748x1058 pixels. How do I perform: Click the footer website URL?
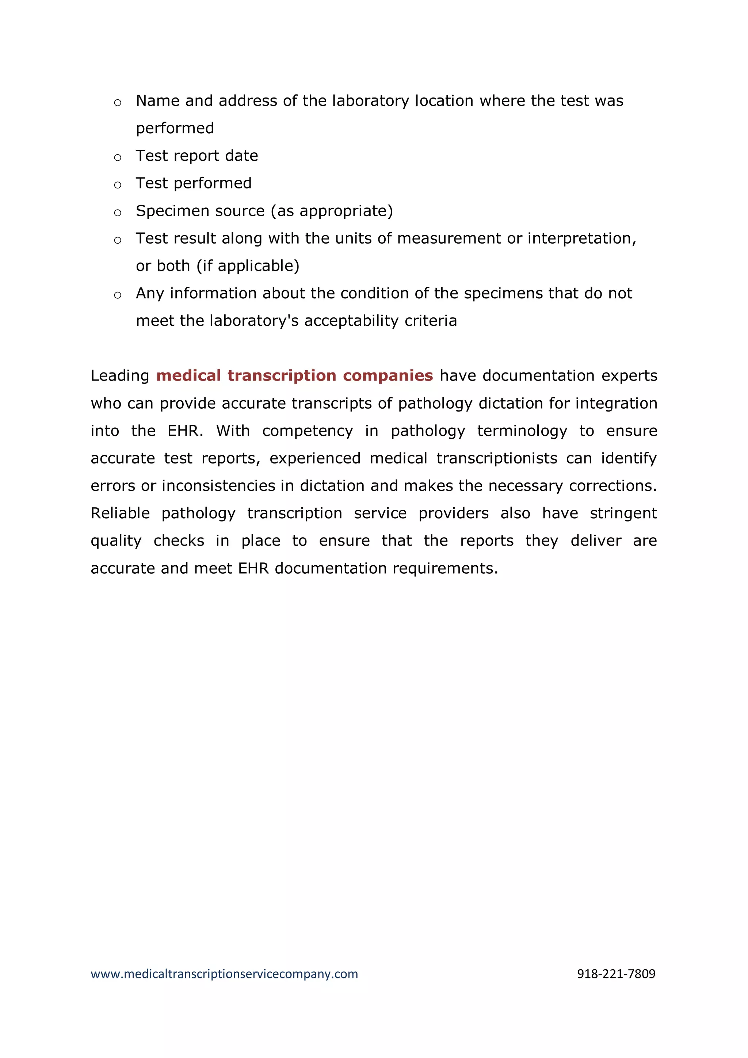[224, 974]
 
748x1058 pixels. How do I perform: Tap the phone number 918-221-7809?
[616, 974]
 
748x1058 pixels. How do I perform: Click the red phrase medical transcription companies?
[294, 375]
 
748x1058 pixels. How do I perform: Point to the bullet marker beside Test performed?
[118, 185]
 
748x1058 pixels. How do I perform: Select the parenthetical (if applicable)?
[248, 266]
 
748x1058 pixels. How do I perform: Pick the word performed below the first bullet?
[175, 129]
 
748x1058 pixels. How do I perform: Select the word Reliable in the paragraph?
[120, 513]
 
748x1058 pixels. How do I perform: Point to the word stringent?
[623, 513]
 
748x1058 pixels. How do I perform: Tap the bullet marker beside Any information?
[118, 295]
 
